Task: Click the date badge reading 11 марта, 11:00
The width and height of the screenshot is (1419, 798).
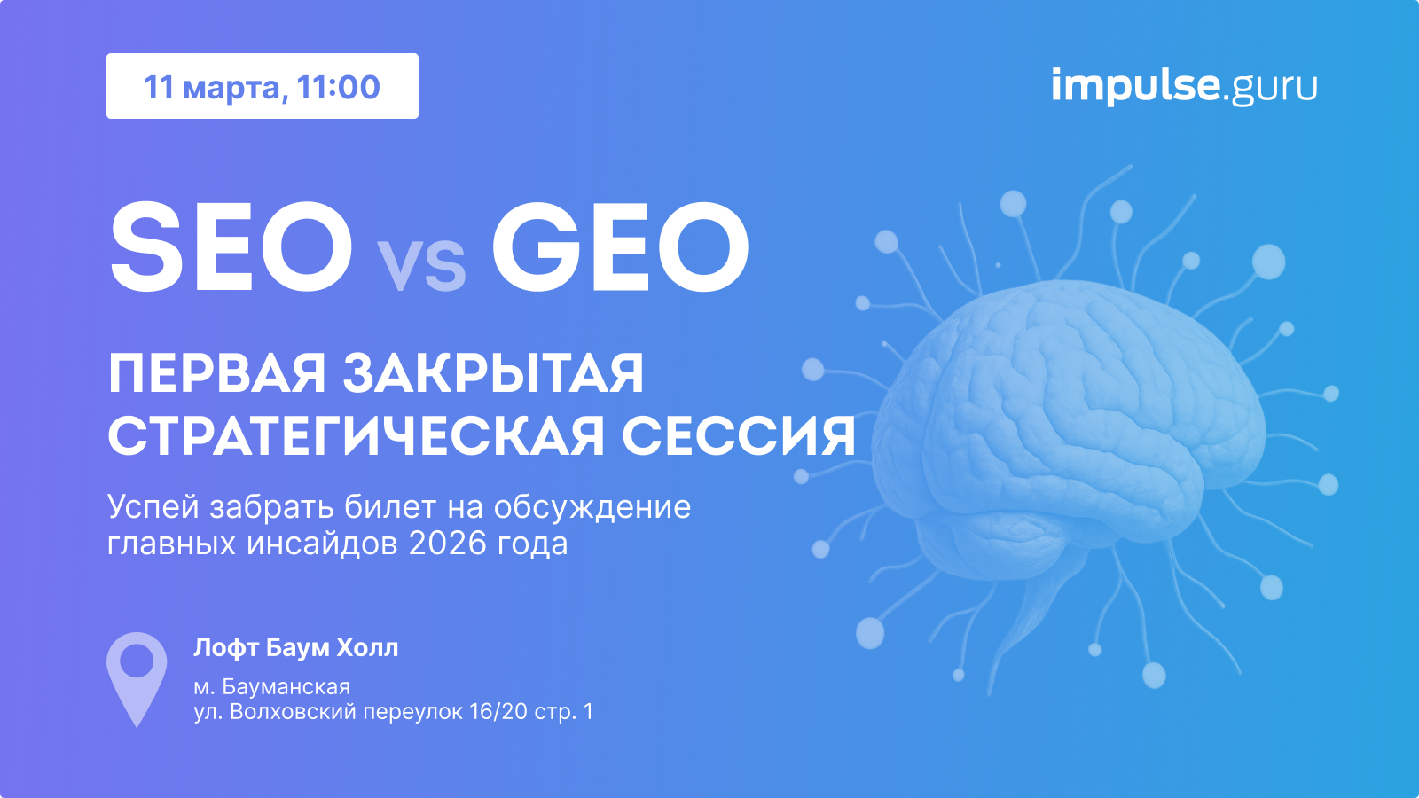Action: pyautogui.click(x=263, y=86)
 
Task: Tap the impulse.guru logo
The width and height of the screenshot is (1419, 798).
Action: pyautogui.click(x=1184, y=85)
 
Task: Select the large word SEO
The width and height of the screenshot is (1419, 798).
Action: pyautogui.click(x=231, y=247)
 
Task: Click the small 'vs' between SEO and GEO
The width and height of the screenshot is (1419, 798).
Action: pyautogui.click(x=422, y=265)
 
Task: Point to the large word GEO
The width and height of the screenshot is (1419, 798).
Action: pyautogui.click(x=621, y=247)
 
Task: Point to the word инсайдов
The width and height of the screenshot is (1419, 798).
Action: pyautogui.click(x=323, y=544)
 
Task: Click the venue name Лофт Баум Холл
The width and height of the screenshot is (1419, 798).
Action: pyautogui.click(x=296, y=648)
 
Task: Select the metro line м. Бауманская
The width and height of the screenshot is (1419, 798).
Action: pyautogui.click(x=272, y=686)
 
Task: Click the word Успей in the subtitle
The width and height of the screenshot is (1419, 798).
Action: pyautogui.click(x=154, y=506)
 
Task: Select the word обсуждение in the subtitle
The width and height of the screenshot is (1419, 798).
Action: pyautogui.click(x=592, y=506)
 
